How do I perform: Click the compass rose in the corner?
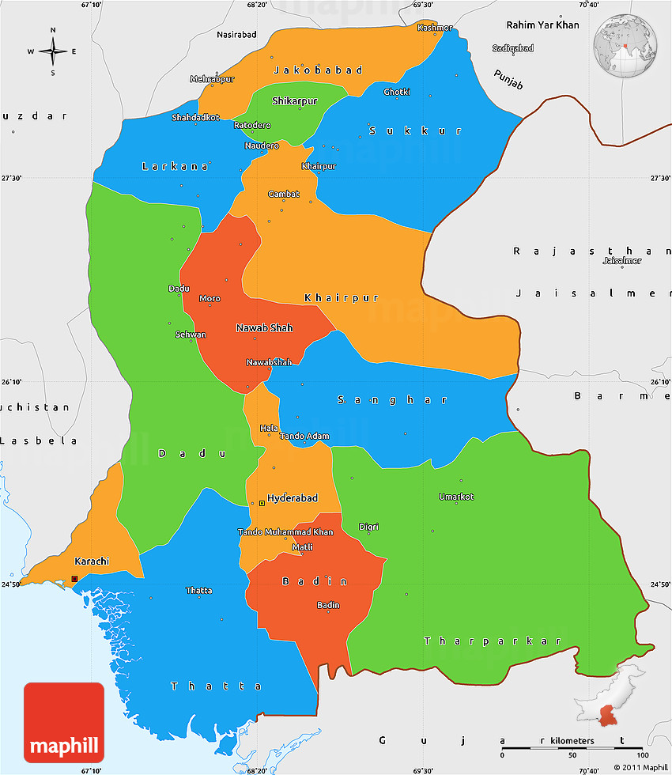[x=53, y=52]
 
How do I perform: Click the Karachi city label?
[x=91, y=561]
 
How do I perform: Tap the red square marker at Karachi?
[x=74, y=579]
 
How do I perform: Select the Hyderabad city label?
[x=292, y=498]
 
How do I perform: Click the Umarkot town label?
[x=456, y=497]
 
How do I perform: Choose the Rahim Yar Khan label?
[x=543, y=25]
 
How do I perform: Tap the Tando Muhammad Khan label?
[x=285, y=532]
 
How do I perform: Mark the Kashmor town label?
[x=434, y=28]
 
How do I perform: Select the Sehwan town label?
[x=191, y=335]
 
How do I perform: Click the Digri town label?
[x=368, y=527]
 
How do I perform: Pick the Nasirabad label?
[x=237, y=35]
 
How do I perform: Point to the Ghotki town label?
[x=397, y=93]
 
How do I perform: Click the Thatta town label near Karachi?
[x=198, y=591]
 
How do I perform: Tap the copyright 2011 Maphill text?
[x=640, y=768]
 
